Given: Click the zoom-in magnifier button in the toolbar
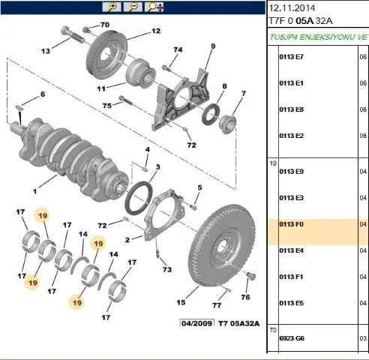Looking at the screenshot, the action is pos(112,7).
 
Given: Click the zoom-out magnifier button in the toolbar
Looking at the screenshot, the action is pos(133,7).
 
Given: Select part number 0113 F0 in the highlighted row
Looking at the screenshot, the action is pos(291,224).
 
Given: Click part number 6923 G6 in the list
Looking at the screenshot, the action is pos(292,338).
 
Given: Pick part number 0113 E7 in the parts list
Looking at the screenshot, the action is pos(291,57).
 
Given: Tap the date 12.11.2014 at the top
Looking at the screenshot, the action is pos(292,8).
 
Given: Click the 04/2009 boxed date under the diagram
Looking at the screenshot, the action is pos(197,323).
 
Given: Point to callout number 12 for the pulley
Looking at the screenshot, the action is pos(156,31).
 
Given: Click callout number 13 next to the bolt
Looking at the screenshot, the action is pos(46,51).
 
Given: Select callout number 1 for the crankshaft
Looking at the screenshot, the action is pos(34,191).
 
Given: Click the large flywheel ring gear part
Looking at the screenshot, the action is pos(222,246).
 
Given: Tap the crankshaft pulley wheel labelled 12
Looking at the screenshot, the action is pos(106,55).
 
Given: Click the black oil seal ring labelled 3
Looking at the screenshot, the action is pos(139,199).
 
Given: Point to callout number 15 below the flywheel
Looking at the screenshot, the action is pos(181,302).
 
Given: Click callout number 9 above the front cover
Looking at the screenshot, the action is pos(213,46).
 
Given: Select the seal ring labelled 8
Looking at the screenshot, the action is pos(211,114).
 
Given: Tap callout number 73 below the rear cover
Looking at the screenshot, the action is pos(167,269).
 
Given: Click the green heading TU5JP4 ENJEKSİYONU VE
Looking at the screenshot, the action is pos(319,37).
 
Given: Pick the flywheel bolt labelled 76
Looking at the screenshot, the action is pos(250,276).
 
